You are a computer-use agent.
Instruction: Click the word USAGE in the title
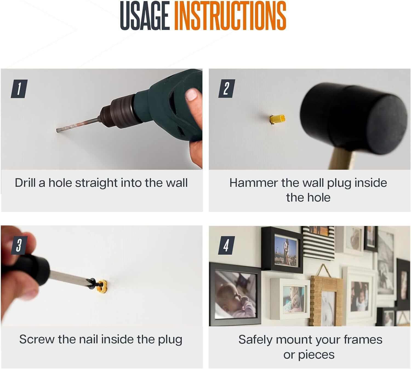(x=145, y=16)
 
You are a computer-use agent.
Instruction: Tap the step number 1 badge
(x=19, y=89)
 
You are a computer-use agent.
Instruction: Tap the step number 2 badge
(x=227, y=88)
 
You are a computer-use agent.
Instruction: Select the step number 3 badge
(x=19, y=245)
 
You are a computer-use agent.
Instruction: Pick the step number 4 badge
(x=226, y=245)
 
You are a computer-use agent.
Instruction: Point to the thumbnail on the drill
(x=192, y=94)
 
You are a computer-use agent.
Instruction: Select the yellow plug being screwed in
(x=102, y=286)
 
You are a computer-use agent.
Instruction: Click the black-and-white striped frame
(x=319, y=243)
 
